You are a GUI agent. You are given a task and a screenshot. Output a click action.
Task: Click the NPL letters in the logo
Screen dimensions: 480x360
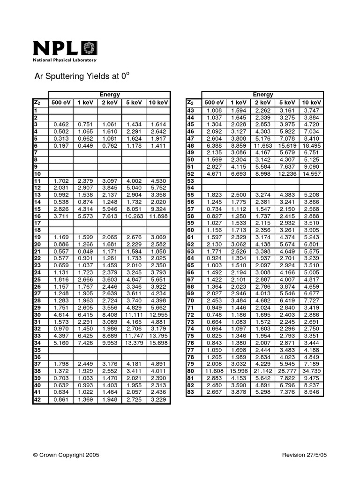(56, 48)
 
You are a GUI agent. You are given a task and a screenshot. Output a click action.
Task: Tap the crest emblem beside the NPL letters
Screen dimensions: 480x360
(88, 48)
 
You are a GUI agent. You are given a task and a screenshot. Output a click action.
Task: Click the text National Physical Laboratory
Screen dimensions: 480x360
(64, 60)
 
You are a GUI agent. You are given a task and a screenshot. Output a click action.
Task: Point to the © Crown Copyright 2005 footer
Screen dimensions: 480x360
(66, 455)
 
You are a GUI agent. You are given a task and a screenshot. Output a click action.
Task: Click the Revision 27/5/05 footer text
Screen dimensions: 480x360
(305, 455)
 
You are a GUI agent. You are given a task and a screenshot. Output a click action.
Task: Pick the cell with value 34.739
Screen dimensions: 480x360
(312, 370)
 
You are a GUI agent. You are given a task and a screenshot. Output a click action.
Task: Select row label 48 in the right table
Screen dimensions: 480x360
(190, 146)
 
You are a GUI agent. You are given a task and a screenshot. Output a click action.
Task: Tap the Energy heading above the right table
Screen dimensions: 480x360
(262, 95)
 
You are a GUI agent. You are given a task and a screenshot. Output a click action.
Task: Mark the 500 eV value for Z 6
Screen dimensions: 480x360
(61, 145)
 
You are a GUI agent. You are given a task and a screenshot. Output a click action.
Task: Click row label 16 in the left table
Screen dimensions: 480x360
(37, 216)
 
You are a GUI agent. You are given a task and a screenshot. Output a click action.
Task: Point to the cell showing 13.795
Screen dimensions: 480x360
(158, 336)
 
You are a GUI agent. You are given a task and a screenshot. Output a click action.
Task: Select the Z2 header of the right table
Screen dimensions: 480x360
(190, 103)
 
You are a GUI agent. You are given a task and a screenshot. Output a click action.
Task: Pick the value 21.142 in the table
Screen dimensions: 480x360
(263, 370)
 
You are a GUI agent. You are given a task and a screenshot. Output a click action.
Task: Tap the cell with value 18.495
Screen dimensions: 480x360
(312, 146)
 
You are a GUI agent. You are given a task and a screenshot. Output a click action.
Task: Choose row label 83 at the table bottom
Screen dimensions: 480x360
(190, 392)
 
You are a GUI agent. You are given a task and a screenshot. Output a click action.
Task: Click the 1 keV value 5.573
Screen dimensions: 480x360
(85, 216)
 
